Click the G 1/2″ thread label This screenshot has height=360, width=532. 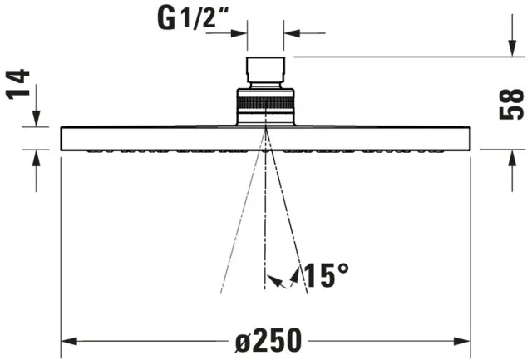pos(193,18)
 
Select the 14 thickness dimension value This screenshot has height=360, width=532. pos(17,84)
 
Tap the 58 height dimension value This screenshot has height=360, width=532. pos(512,104)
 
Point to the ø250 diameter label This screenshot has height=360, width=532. pos(268,340)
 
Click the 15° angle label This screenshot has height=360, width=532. pos(326,275)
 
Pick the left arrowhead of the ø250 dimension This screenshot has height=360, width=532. pos(69,341)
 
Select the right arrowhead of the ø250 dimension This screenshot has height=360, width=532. pos(462,341)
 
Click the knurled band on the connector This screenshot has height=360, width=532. pos(265,102)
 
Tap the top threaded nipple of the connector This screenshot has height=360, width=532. pos(265,70)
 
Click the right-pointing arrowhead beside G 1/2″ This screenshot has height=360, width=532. pos(239,33)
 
